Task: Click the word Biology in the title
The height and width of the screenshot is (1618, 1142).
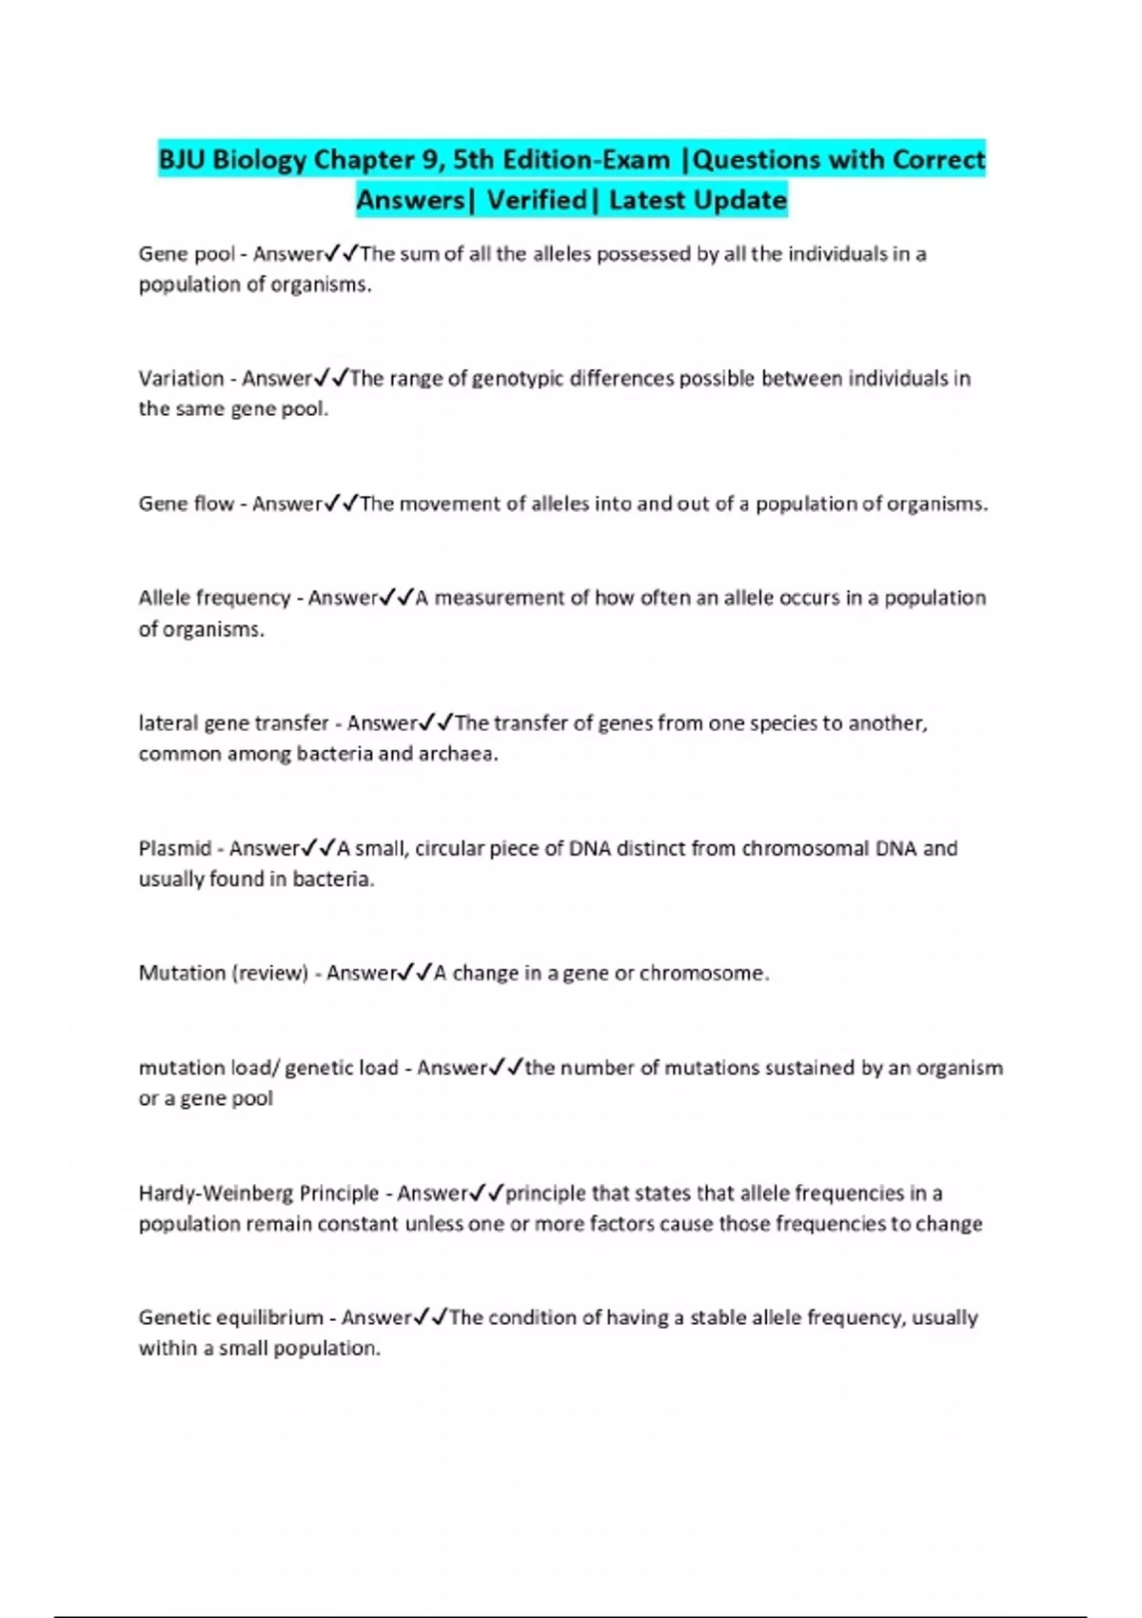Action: click(x=259, y=160)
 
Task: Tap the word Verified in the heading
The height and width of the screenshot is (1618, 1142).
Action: click(x=537, y=201)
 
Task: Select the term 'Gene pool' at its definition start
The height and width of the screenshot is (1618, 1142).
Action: click(x=187, y=254)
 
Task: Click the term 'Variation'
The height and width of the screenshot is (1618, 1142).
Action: click(x=181, y=379)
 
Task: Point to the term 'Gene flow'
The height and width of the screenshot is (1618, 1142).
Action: click(x=186, y=503)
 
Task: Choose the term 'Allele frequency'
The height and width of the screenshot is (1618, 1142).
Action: click(x=214, y=598)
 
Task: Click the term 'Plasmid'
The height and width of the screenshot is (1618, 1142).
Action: click(x=175, y=848)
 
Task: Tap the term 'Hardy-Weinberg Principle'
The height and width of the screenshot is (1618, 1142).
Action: click(x=259, y=1194)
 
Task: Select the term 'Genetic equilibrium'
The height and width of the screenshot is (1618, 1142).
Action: click(x=231, y=1318)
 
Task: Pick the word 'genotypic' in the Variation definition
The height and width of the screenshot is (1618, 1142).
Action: click(x=519, y=379)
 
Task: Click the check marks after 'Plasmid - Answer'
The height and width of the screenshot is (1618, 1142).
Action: click(x=319, y=848)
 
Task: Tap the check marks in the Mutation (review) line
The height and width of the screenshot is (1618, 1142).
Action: click(x=416, y=974)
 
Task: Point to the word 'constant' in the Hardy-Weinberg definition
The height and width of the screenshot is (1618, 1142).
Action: click(x=358, y=1224)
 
